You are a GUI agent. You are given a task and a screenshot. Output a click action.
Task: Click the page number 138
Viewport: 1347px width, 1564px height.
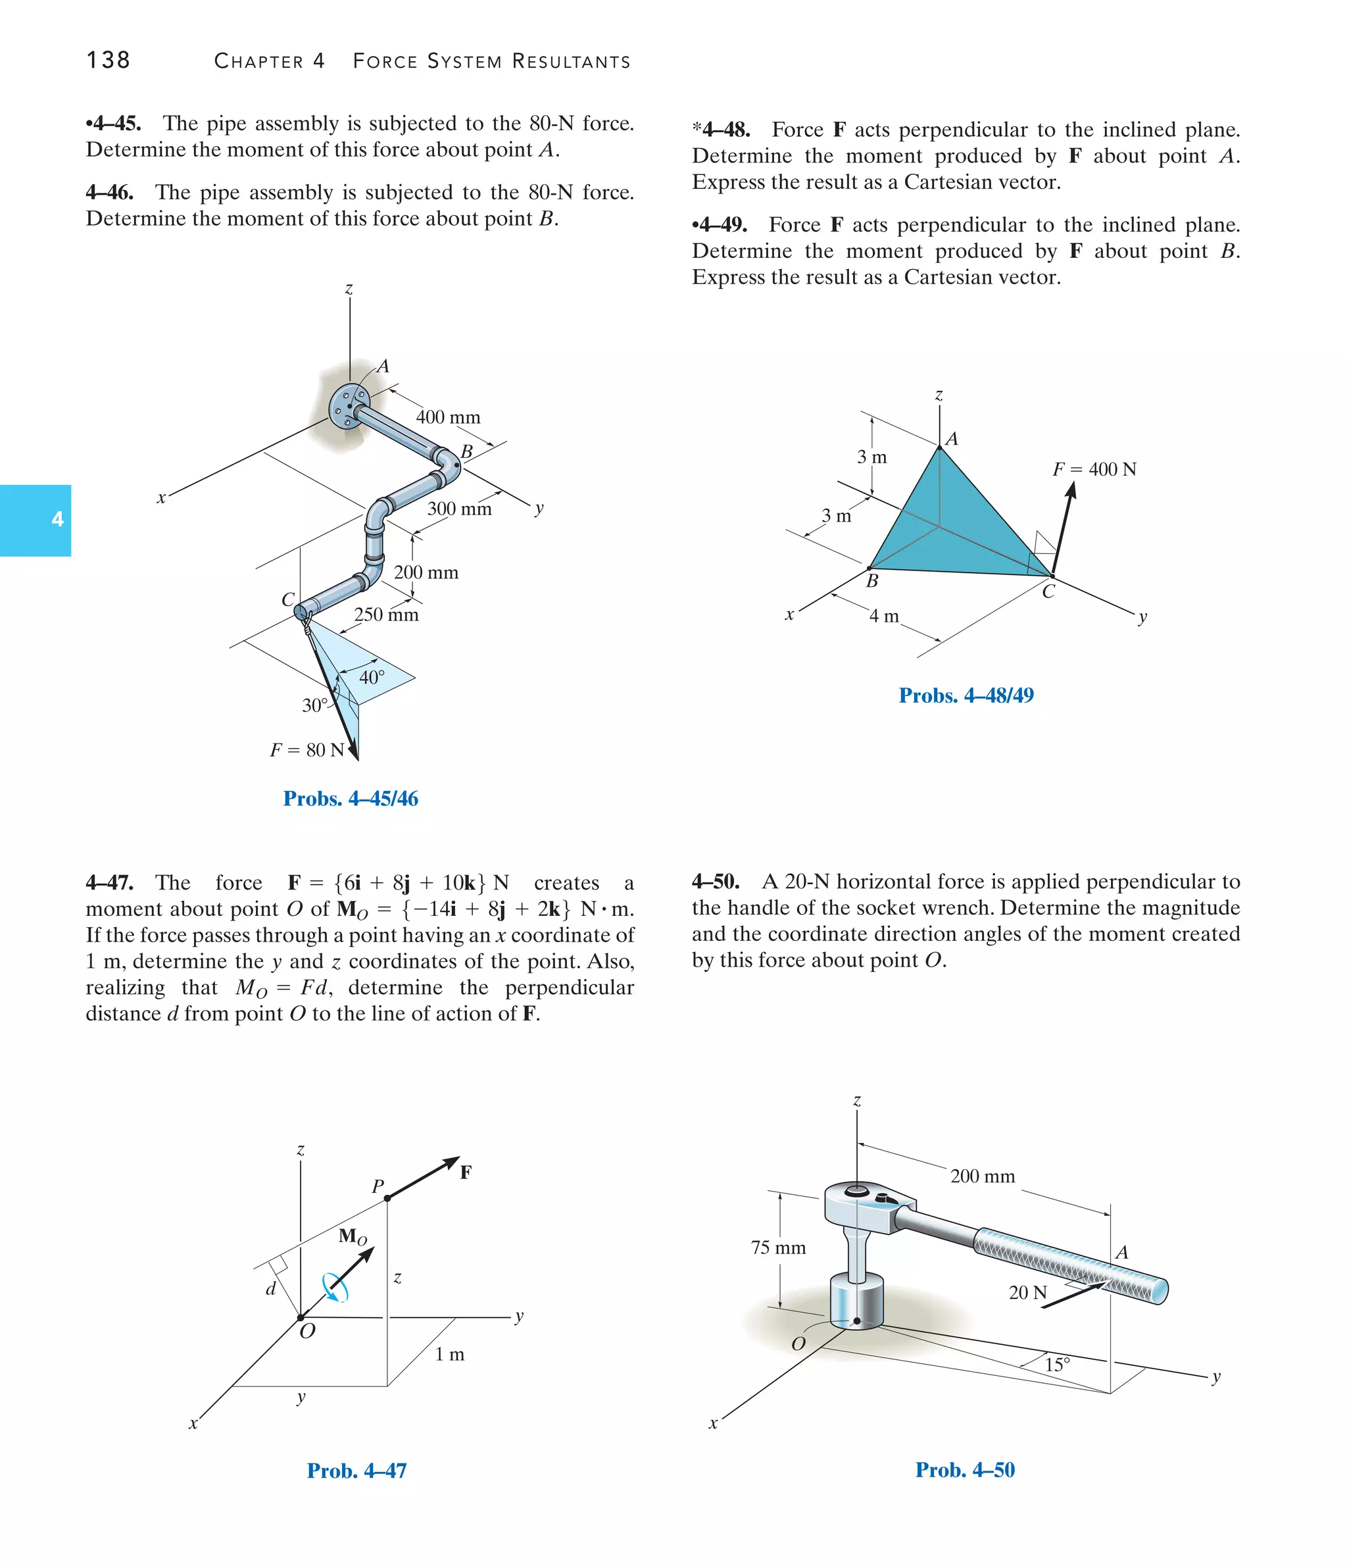click(x=108, y=61)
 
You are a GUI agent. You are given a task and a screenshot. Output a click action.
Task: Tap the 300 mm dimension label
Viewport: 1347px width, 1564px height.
click(x=459, y=509)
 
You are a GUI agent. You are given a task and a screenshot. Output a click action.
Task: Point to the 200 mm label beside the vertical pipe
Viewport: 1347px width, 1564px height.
click(x=426, y=572)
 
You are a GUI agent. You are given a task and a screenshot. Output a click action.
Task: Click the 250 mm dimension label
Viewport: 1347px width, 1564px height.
click(x=385, y=615)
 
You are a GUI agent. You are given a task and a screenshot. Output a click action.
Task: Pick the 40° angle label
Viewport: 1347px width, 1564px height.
click(x=371, y=677)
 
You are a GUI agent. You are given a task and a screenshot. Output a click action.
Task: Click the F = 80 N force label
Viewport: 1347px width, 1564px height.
click(x=306, y=749)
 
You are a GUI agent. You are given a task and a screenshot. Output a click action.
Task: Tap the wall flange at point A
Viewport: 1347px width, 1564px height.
click(x=348, y=405)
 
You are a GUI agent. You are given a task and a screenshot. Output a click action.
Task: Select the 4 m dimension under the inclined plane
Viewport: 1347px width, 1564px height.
click(x=884, y=616)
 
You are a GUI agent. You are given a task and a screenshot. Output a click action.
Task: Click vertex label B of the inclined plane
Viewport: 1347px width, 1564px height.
click(x=871, y=581)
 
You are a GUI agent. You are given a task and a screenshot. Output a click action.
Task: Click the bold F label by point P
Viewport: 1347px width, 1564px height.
click(x=466, y=1173)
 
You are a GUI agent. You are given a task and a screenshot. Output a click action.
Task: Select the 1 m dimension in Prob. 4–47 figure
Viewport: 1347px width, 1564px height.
click(x=449, y=1354)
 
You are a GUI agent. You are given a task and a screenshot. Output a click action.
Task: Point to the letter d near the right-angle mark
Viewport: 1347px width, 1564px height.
click(x=271, y=1288)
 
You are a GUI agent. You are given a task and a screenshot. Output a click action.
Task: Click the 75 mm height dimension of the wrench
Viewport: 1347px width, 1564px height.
click(x=778, y=1248)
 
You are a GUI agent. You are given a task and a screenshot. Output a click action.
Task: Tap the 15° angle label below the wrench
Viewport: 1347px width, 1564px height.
click(x=1056, y=1365)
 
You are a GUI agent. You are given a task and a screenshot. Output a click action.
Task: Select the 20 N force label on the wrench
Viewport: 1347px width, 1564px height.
click(x=1027, y=1292)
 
